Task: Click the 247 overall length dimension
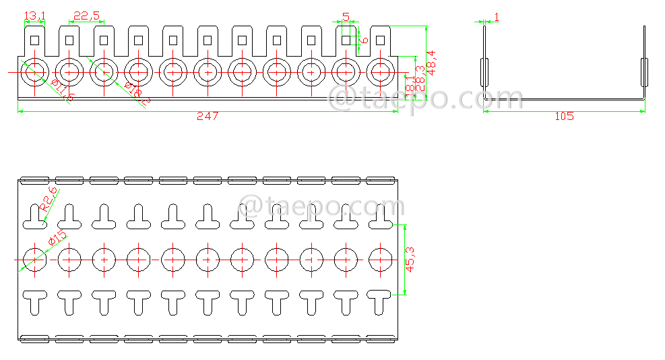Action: pos(208,116)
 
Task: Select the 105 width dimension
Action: pos(564,116)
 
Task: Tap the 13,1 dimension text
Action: pos(34,16)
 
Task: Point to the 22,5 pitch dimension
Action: pos(86,16)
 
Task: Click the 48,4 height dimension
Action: pos(431,62)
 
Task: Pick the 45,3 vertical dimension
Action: pos(410,260)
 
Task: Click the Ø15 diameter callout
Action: pos(57,238)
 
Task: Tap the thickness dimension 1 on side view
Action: pos(497,16)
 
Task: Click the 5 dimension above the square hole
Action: pos(346,16)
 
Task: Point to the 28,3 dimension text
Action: pos(420,78)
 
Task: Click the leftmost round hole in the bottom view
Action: pos(34,258)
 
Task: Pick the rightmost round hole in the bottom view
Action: pos(381,258)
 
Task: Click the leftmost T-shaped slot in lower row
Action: pos(34,301)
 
